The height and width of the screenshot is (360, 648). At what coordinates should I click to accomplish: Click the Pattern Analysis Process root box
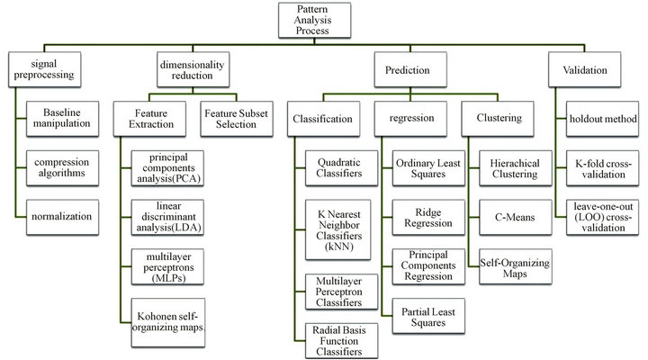(314, 21)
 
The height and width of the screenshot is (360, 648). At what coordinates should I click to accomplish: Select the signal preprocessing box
(45, 69)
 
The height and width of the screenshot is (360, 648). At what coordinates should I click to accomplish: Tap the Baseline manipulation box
(62, 119)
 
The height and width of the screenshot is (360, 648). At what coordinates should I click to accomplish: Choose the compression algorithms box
(62, 167)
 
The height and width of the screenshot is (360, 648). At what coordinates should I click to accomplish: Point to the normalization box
(62, 218)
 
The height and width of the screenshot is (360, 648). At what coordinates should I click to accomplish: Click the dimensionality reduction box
(193, 69)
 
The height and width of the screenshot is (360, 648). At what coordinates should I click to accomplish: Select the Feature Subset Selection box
(237, 119)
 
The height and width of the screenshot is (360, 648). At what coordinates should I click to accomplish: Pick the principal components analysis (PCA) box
(167, 168)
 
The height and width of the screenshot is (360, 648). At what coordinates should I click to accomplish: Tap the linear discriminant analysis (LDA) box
(167, 218)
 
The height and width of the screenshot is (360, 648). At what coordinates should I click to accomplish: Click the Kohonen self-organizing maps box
(167, 322)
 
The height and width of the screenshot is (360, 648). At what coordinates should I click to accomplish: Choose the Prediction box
(410, 69)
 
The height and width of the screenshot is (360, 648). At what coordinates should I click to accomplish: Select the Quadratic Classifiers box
(341, 167)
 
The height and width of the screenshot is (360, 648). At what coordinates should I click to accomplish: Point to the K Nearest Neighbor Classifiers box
(338, 229)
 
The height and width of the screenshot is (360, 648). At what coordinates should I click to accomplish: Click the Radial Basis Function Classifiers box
(341, 340)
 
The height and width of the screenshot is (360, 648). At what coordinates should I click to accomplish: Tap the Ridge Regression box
(428, 218)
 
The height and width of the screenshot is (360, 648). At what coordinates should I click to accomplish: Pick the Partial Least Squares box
(428, 316)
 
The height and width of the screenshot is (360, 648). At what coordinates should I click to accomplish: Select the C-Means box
(516, 218)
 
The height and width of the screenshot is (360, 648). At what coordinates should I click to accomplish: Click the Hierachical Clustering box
(516, 167)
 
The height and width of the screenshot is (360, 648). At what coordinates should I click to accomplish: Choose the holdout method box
(602, 119)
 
